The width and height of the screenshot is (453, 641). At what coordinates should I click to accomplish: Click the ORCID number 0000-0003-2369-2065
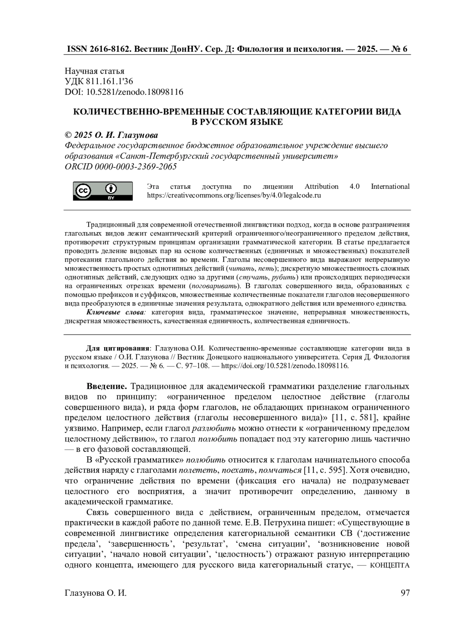(x=136, y=167)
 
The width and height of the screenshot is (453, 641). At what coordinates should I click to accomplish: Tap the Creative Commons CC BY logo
(x=103, y=191)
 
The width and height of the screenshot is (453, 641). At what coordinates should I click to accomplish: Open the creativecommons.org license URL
(x=234, y=196)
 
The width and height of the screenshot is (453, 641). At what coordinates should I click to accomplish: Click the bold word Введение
(x=107, y=386)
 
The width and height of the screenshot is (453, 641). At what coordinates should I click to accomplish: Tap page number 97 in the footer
(x=405, y=593)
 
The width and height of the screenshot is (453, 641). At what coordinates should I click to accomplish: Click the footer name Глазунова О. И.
(x=96, y=593)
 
